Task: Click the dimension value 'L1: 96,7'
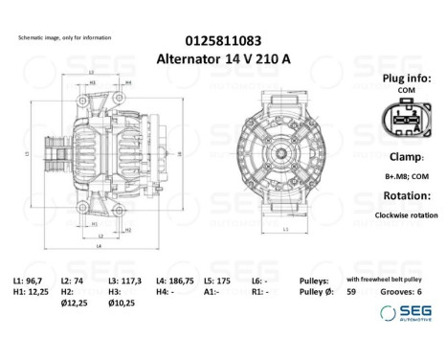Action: pos(29,280)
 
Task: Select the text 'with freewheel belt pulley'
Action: pos(377,280)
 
